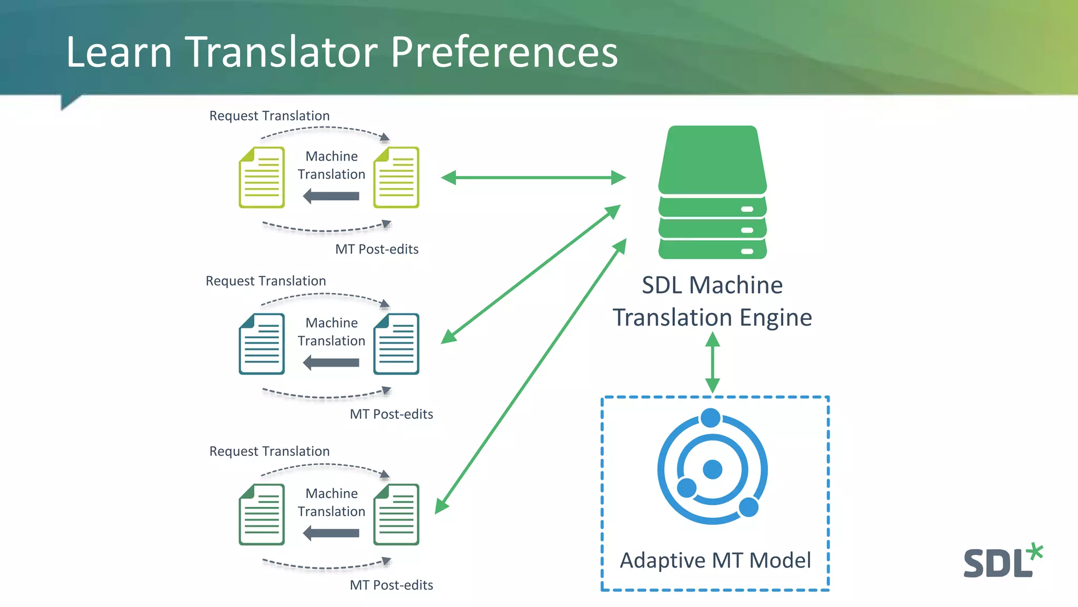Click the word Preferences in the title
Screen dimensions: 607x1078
504,53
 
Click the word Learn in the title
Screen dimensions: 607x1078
119,53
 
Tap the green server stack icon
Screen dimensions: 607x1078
712,192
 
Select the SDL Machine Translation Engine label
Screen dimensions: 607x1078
712,301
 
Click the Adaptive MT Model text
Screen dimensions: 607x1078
715,560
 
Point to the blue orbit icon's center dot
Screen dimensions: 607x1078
712,469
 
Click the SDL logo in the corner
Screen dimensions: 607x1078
997,563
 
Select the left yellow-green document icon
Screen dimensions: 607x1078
262,178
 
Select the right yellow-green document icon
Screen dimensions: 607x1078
396,178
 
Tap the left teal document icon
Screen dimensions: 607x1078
262,344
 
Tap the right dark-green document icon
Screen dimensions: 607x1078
396,514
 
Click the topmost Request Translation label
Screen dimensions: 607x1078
269,116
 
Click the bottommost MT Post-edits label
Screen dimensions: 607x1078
391,585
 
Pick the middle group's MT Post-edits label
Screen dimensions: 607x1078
391,414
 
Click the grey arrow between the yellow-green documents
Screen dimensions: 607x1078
332,197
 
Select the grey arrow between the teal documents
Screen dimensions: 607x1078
332,363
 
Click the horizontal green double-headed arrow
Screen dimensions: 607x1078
533,178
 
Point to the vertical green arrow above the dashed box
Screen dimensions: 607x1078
712,363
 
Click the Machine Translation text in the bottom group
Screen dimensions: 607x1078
332,502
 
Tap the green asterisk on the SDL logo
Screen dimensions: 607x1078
1035,551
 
